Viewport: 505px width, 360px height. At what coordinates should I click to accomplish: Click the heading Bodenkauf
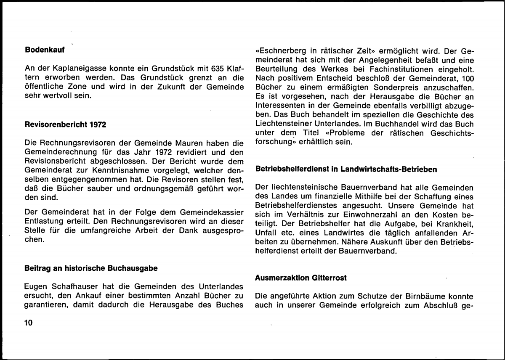pyautogui.click(x=44, y=50)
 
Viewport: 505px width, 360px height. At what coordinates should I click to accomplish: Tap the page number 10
pyautogui.click(x=29, y=323)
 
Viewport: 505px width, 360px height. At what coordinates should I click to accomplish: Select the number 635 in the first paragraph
pyautogui.click(x=197, y=68)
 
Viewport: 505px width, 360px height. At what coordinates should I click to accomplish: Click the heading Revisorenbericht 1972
pyautogui.click(x=65, y=124)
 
